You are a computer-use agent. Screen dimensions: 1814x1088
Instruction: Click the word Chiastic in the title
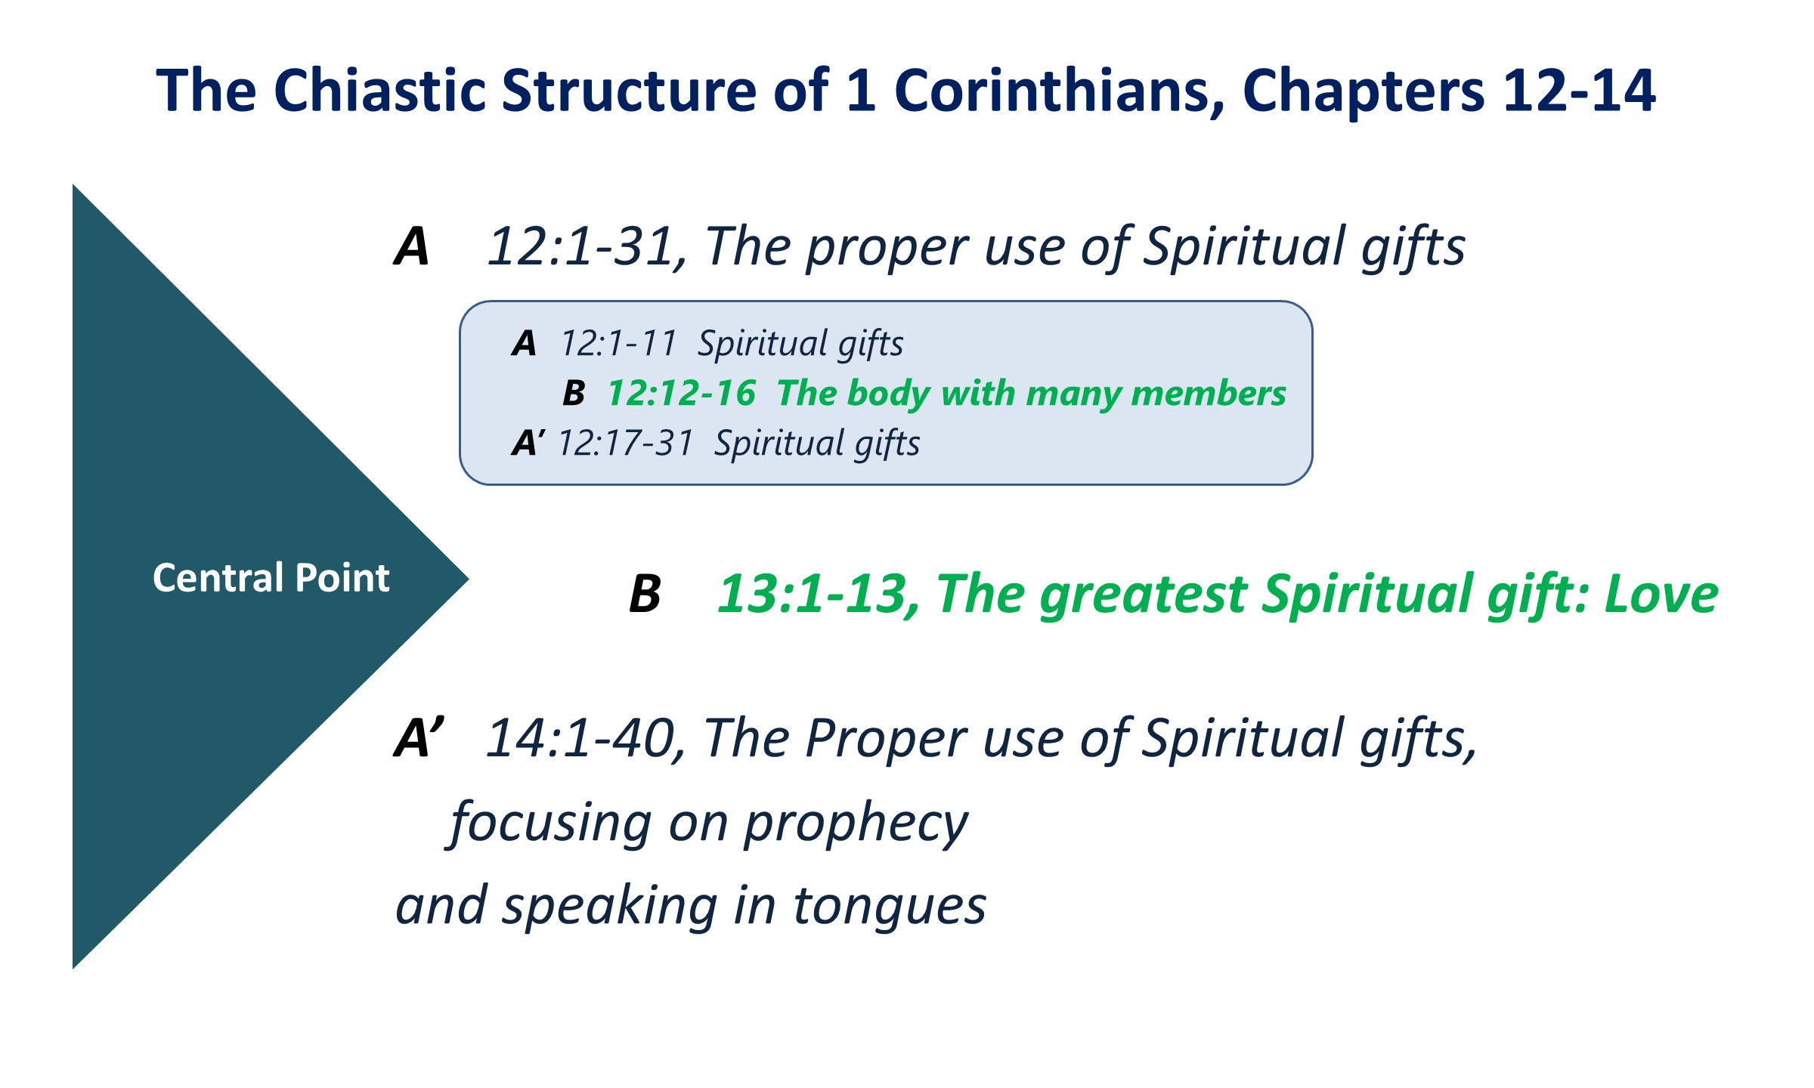(x=383, y=91)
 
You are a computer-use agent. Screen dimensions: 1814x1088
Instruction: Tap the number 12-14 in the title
(x=1579, y=91)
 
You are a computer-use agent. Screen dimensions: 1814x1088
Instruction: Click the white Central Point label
(x=271, y=578)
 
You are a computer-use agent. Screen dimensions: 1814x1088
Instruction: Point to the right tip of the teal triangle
(x=469, y=580)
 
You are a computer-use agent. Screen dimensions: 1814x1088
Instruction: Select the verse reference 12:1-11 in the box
(x=618, y=344)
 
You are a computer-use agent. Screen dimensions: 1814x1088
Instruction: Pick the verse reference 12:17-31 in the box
(x=626, y=444)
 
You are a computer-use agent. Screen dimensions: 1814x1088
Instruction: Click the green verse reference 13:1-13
(x=818, y=595)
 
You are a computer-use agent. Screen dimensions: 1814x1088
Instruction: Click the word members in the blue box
(x=1209, y=394)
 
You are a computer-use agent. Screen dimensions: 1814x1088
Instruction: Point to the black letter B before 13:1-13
(x=645, y=594)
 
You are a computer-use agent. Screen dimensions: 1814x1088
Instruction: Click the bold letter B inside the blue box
(x=574, y=394)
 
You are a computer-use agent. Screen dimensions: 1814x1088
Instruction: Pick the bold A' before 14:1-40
(x=419, y=737)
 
